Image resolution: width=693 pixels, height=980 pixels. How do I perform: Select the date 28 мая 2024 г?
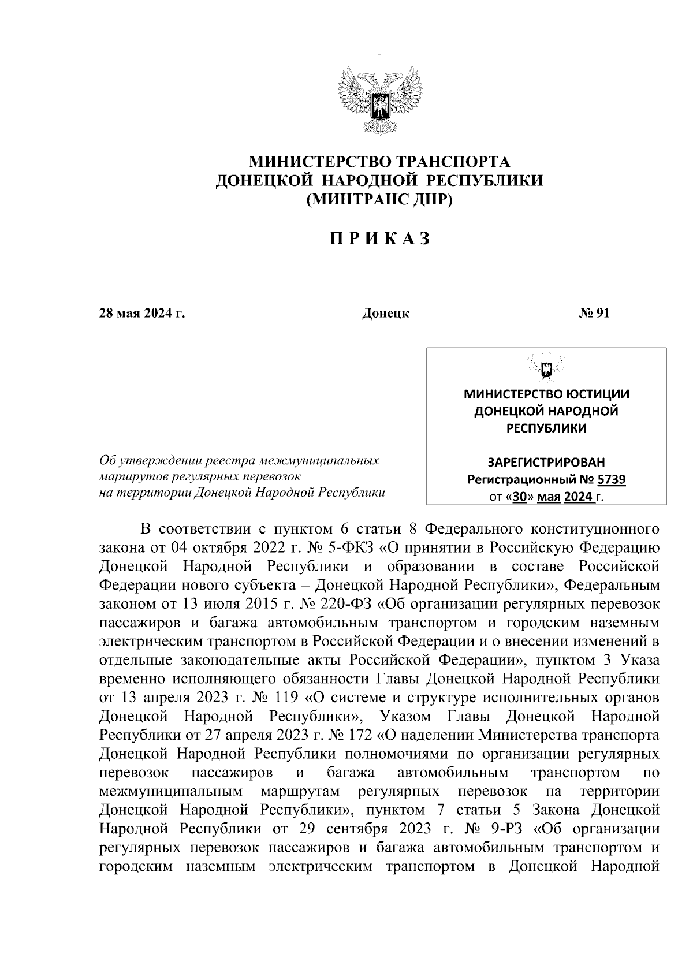pyautogui.click(x=142, y=314)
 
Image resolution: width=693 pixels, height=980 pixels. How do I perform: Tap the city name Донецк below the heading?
pyautogui.click(x=385, y=314)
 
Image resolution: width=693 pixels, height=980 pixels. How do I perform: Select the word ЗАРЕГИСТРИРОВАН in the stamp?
pyautogui.click(x=546, y=463)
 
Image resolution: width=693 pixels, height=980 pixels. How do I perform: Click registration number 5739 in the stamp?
pyautogui.click(x=612, y=479)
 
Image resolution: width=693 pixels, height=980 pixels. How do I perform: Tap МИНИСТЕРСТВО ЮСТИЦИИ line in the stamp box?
pyautogui.click(x=546, y=394)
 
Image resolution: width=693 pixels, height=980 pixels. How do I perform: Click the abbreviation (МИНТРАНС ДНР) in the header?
pyautogui.click(x=379, y=200)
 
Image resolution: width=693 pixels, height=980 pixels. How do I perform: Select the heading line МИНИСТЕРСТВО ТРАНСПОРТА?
pyautogui.click(x=379, y=161)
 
